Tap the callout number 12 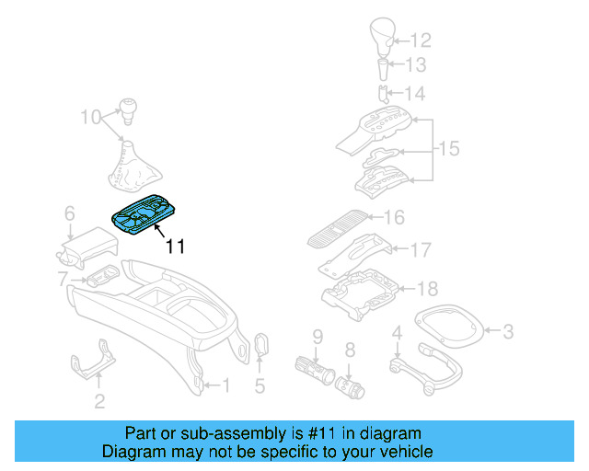click(x=420, y=40)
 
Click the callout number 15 click(x=447, y=149)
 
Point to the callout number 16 click(x=394, y=218)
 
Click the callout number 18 click(x=427, y=289)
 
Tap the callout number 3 click(x=507, y=331)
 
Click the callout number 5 click(x=260, y=386)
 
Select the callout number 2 click(x=99, y=400)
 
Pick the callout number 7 click(x=63, y=279)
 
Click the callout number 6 click(x=69, y=213)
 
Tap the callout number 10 click(x=89, y=117)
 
